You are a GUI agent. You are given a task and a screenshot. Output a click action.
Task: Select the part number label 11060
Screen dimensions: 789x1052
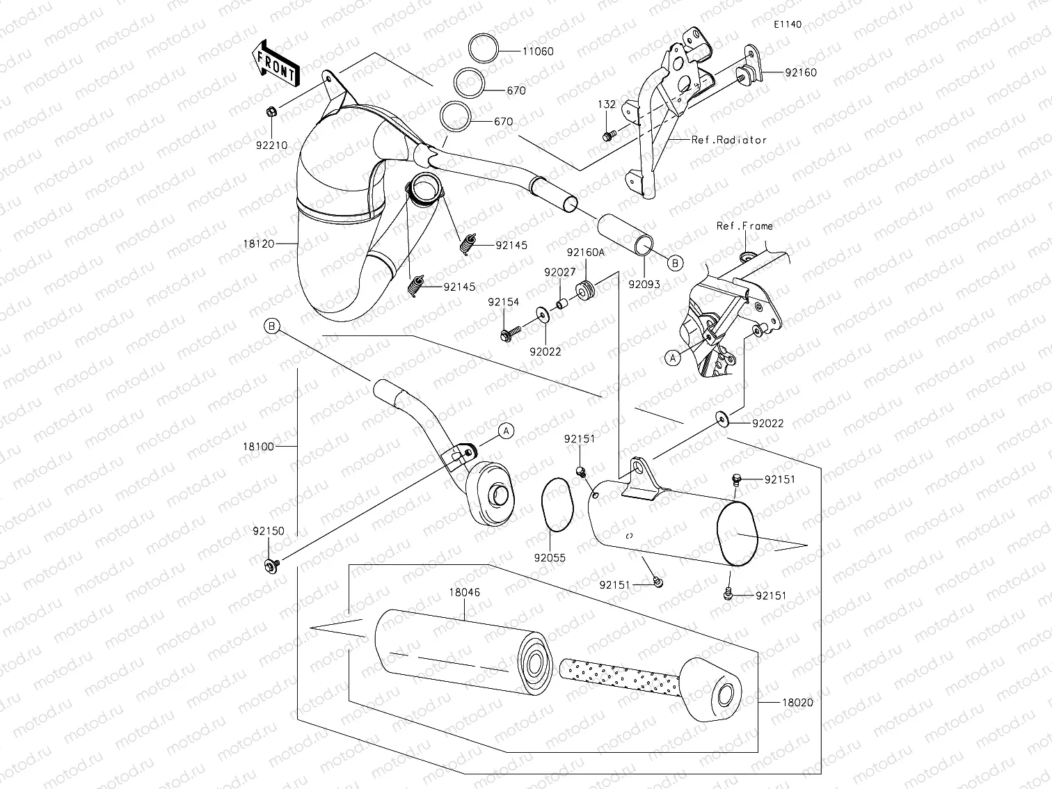[539, 51]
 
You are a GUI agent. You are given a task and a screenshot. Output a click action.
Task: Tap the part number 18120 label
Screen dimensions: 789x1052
[259, 244]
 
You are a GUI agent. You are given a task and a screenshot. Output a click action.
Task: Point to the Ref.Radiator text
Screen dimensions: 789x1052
[728, 140]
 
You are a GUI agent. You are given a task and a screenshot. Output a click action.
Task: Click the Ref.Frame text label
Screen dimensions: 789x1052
[744, 226]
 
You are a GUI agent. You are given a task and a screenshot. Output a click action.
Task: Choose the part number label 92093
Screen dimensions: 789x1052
[644, 284]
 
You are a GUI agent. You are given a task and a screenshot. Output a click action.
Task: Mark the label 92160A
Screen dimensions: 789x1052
[585, 253]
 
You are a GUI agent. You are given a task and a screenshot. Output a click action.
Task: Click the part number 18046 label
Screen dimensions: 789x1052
[464, 592]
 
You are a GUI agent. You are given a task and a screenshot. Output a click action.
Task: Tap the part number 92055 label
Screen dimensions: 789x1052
[550, 557]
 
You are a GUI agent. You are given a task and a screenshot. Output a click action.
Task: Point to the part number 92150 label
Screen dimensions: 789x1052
[269, 531]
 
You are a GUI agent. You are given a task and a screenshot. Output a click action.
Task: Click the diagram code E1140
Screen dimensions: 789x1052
[787, 24]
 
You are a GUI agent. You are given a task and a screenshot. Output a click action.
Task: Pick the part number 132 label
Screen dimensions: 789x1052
[607, 104]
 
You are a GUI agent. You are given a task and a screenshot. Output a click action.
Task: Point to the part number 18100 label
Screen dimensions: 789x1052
[259, 446]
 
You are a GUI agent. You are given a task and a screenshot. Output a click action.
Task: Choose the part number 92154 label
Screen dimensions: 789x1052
[503, 302]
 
